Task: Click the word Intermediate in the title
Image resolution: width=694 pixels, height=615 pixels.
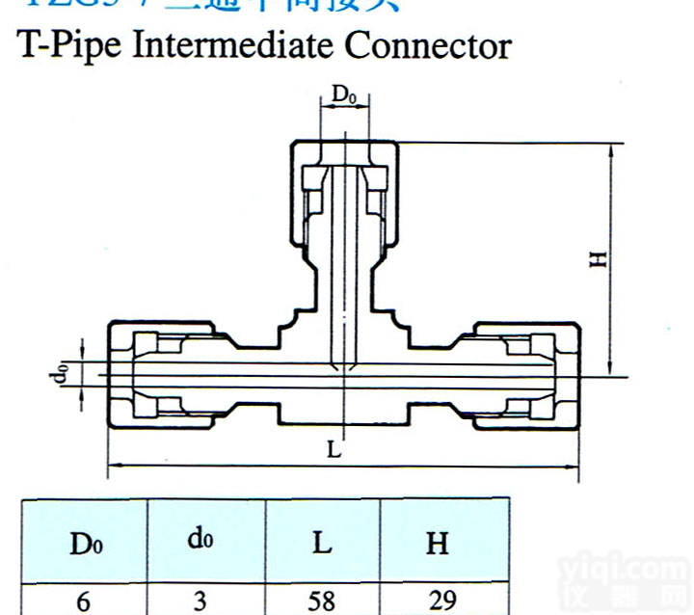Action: pos(235,45)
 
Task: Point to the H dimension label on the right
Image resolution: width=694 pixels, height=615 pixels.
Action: pos(600,257)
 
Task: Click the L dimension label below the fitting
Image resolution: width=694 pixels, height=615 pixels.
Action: pos(334,449)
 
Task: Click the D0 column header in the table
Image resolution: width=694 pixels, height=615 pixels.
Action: pos(84,544)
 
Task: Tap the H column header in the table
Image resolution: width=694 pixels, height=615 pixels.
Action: pos(438,544)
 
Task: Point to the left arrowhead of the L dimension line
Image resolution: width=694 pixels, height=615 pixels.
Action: pos(111,467)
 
